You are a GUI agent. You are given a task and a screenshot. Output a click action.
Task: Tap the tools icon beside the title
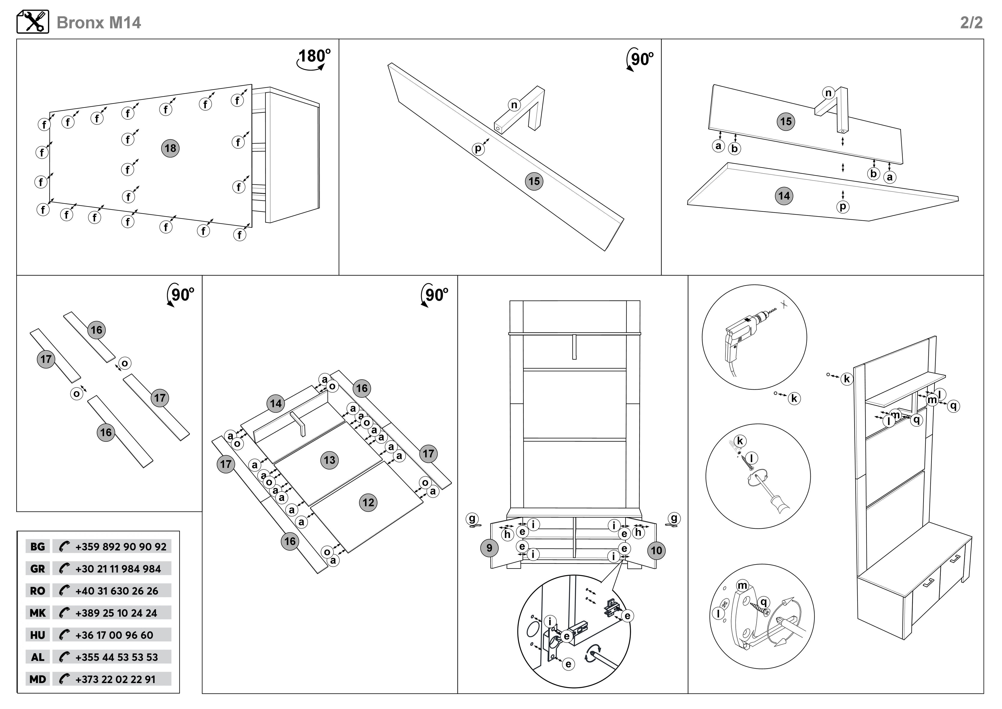coord(33,22)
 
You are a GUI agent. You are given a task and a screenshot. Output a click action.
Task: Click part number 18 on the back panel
coord(170,149)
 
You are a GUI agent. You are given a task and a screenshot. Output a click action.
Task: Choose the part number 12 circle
coord(368,503)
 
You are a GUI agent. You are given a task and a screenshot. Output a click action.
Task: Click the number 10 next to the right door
coord(657,551)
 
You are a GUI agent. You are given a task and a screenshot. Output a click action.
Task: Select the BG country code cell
coord(37,547)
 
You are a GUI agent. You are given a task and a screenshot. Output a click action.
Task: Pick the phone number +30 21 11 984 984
coord(118,569)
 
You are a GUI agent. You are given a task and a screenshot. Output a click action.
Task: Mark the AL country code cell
coord(37,657)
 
